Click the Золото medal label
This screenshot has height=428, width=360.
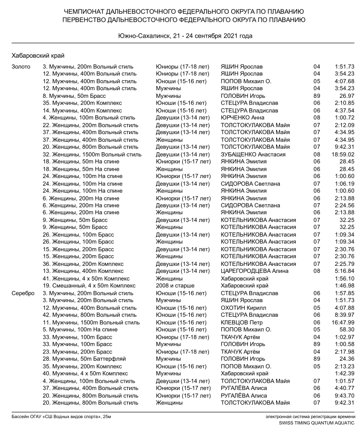21,67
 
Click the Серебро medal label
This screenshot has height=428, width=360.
22,293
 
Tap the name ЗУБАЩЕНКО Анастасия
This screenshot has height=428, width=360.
253,155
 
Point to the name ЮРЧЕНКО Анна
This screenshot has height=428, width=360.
243,118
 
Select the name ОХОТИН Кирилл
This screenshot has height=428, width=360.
242,308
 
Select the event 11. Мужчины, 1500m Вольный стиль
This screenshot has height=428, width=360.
91,323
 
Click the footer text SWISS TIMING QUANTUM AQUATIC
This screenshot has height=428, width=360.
317,423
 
